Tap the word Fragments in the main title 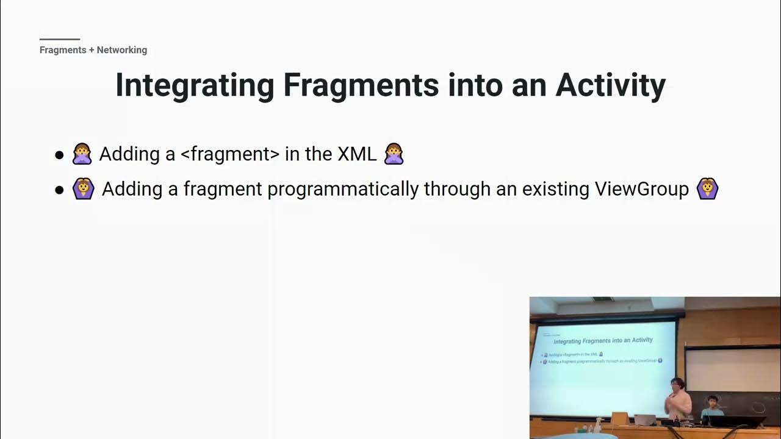click(361, 85)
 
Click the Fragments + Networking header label click(93, 50)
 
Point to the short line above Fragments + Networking click(59, 39)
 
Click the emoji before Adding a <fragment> click(82, 154)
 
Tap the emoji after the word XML click(394, 154)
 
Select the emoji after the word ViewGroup click(708, 189)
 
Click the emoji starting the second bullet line click(84, 189)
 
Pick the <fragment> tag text click(230, 154)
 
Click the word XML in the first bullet click(356, 154)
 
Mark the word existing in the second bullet click(549, 189)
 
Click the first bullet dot click(59, 155)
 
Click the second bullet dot click(59, 190)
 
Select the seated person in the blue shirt click(711, 407)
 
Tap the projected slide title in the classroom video click(603, 340)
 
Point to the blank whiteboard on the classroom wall click(732, 369)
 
